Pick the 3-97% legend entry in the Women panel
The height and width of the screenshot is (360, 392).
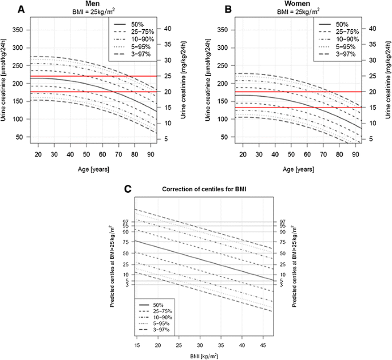[x=345, y=54]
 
